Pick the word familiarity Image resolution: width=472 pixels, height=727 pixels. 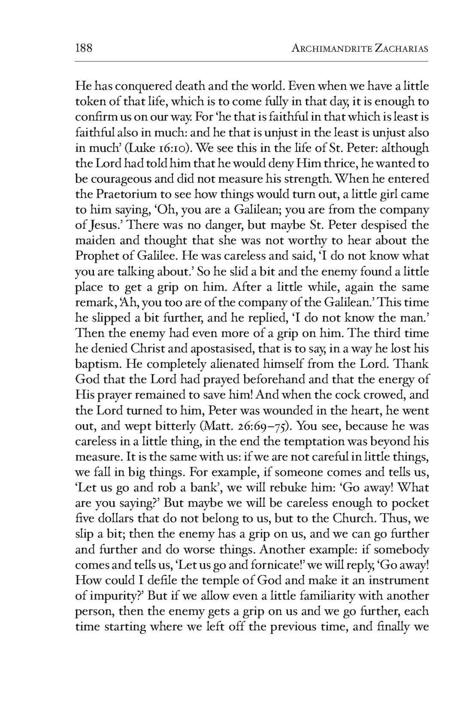(334, 596)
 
